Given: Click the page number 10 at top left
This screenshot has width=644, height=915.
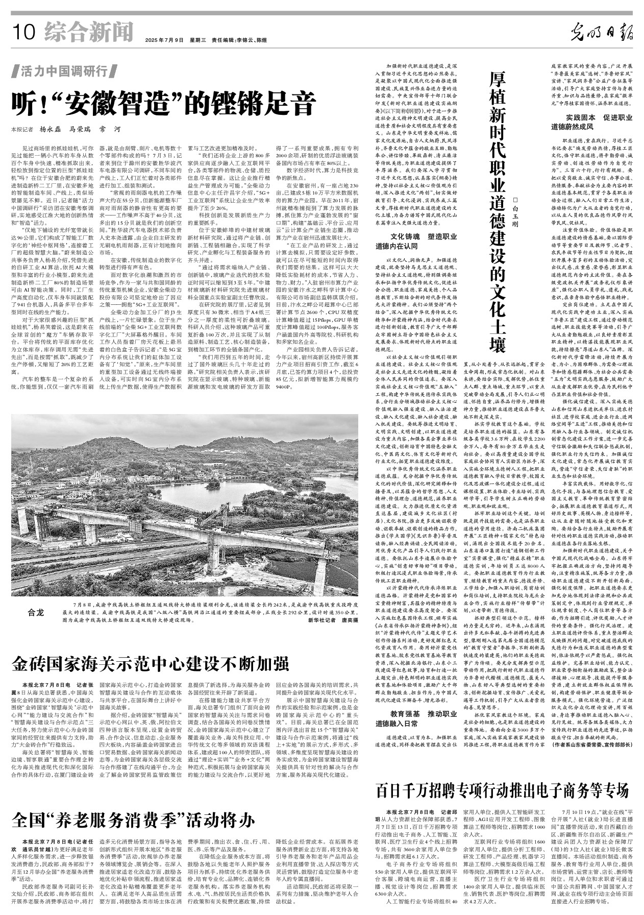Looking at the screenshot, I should pyautogui.click(x=24, y=32).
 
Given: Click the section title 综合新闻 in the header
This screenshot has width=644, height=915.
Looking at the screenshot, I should pyautogui.click(x=88, y=32).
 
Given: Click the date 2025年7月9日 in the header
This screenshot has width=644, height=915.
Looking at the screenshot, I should pyautogui.click(x=164, y=40).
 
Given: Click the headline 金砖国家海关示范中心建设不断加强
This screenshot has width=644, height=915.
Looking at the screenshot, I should pyautogui.click(x=151, y=664).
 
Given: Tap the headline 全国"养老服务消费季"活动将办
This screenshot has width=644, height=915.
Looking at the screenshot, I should pyautogui.click(x=134, y=821).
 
